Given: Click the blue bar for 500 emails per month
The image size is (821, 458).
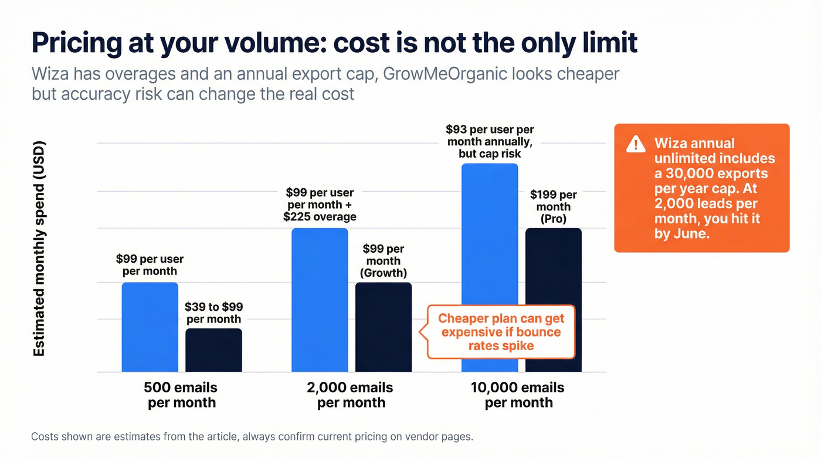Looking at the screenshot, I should [x=150, y=327].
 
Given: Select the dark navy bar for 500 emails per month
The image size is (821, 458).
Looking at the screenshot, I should [x=213, y=350].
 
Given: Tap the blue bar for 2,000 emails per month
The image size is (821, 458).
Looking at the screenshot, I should [x=320, y=300].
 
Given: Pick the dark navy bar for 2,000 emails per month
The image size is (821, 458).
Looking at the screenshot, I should [x=384, y=327].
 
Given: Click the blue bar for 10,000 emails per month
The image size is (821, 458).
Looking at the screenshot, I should [x=490, y=267].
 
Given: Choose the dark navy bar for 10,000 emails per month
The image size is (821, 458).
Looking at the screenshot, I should [x=553, y=300].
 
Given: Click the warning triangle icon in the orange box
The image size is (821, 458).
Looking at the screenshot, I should [x=635, y=144].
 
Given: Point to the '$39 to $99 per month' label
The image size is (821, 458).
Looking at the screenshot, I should [x=213, y=313].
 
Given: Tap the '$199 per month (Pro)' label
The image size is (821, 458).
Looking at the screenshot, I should [x=553, y=206].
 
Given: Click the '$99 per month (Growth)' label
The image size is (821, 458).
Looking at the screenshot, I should [x=384, y=261].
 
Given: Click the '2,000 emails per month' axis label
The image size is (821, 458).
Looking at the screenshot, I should [x=351, y=395].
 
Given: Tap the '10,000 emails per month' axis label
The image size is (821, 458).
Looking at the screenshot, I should [x=518, y=395].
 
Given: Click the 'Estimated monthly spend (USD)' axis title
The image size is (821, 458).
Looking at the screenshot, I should [x=39, y=249].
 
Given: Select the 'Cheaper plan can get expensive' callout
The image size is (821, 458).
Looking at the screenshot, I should [x=501, y=332].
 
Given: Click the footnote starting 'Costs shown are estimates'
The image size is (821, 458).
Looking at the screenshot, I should [x=252, y=437].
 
